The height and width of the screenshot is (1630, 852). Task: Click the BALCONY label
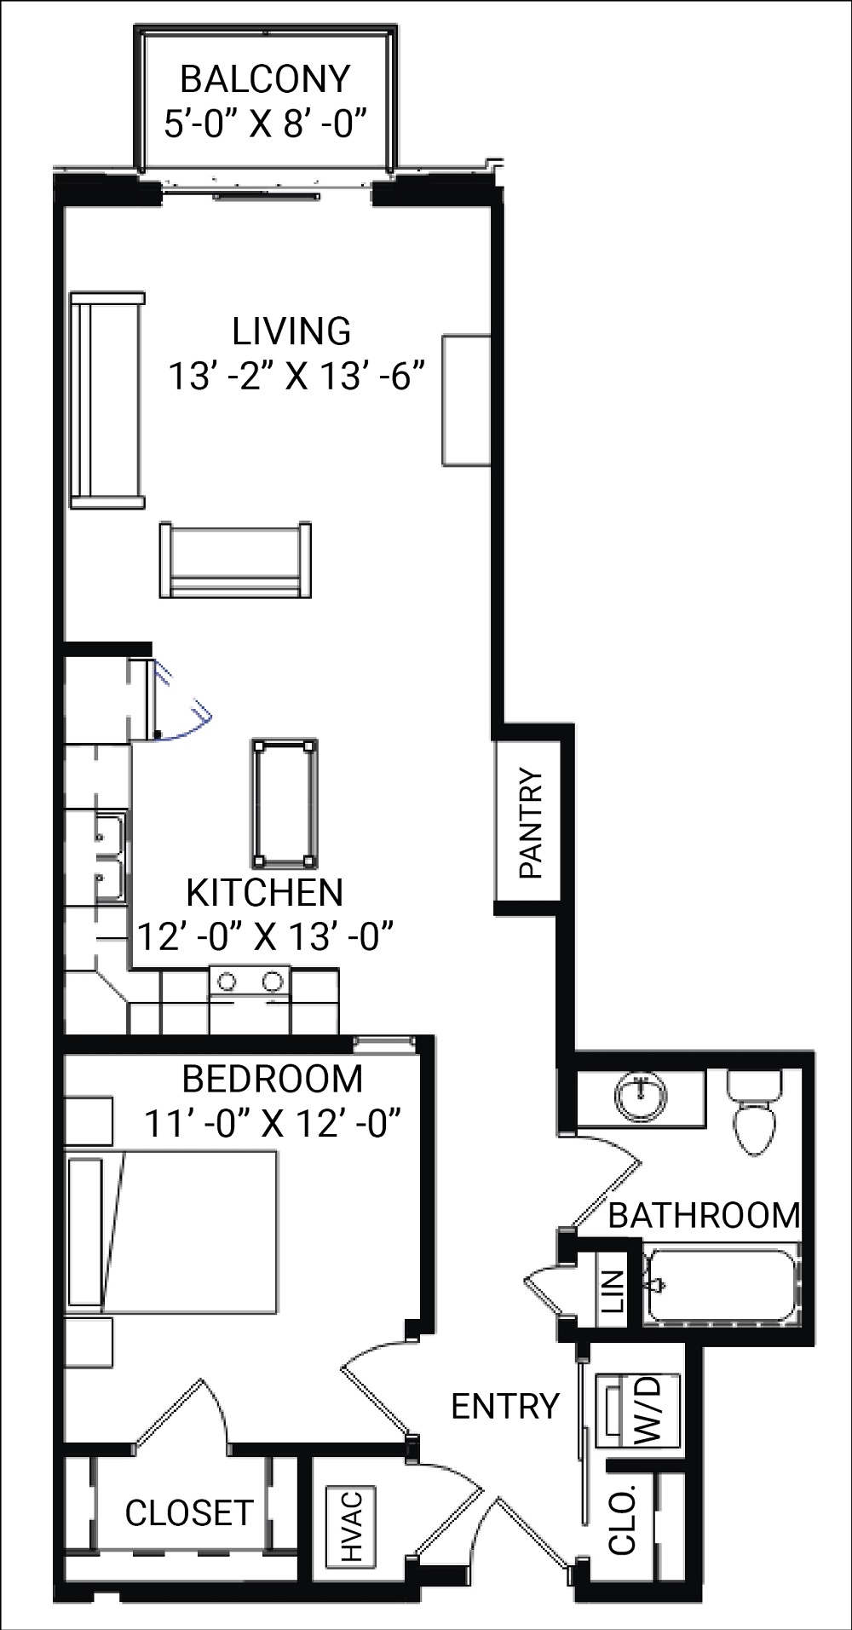pos(265,79)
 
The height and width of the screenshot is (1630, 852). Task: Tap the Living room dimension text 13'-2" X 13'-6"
pos(296,376)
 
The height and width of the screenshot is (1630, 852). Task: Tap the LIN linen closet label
pos(612,1290)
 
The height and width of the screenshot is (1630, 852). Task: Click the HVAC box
pos(350,1526)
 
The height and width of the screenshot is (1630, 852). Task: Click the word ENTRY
pos(504,1406)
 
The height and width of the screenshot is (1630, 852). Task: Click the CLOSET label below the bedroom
pos(188,1512)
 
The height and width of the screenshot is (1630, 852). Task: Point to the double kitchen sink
pos(108,856)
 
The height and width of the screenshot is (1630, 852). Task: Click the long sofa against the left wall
pos(106,400)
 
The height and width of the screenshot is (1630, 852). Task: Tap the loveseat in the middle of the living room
pos(234,561)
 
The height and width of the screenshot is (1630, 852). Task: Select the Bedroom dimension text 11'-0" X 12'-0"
pos(272,1122)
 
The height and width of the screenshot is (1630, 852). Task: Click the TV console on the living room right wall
pos(466,400)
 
